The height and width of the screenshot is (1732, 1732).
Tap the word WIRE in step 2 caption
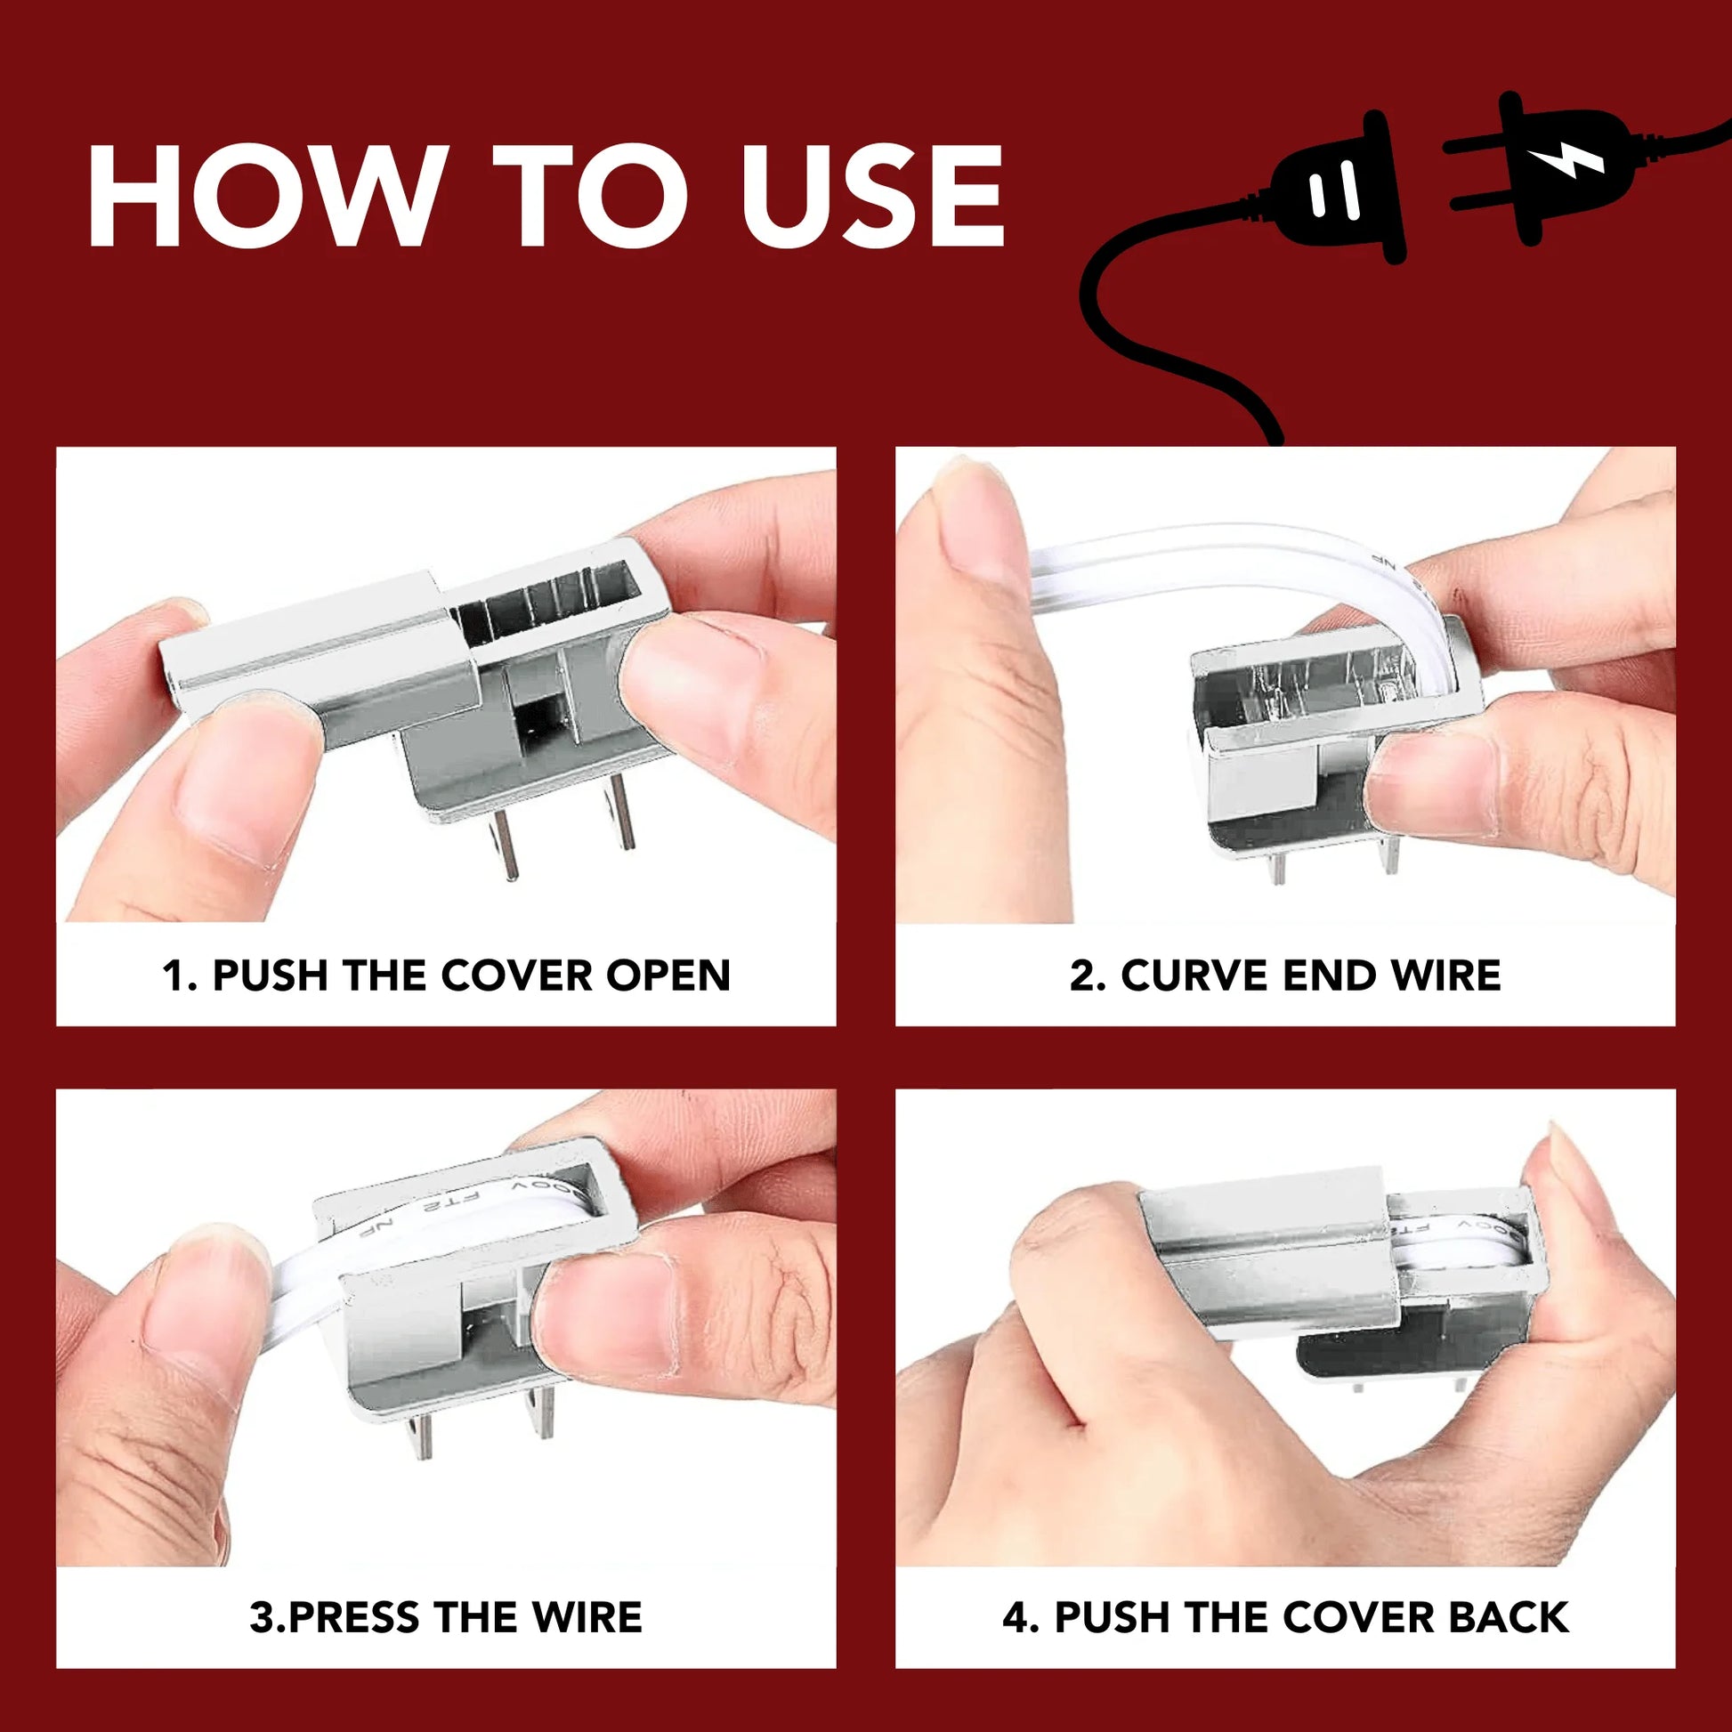coord(1445,975)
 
